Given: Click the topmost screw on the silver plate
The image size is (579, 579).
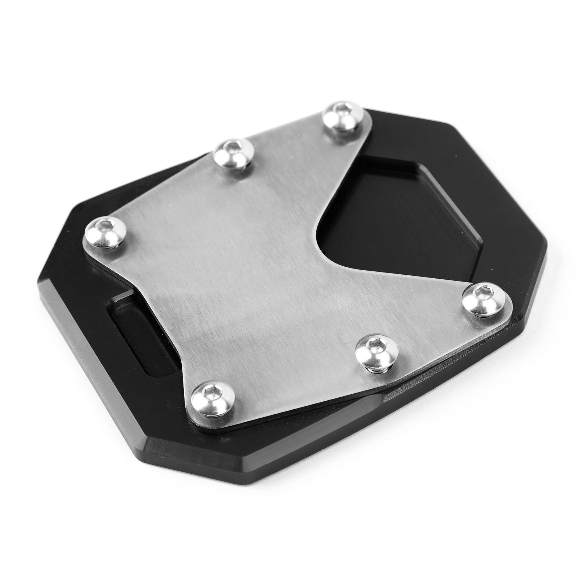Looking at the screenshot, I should tap(341, 116).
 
